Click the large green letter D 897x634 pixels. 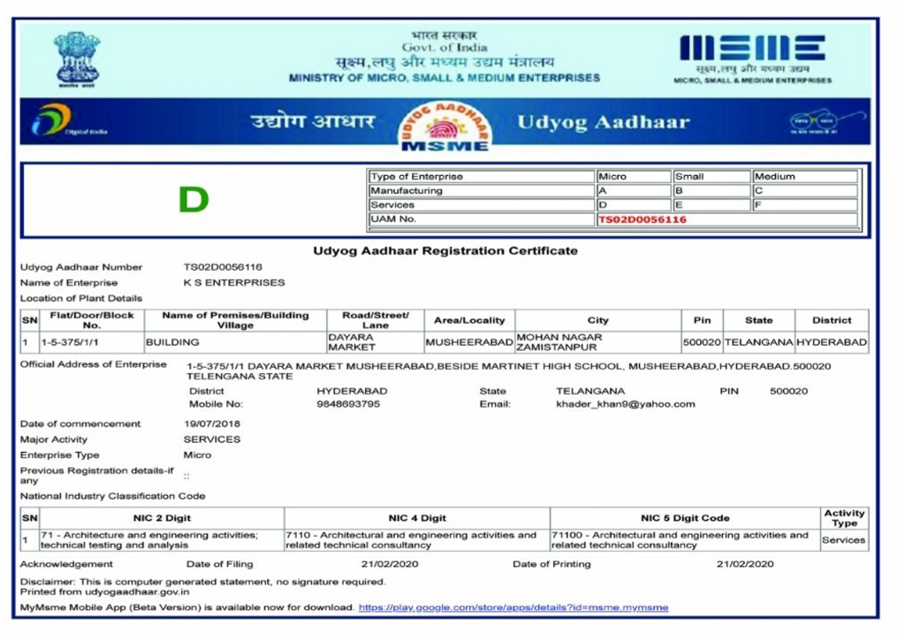(x=194, y=200)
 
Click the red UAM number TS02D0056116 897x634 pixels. (x=642, y=219)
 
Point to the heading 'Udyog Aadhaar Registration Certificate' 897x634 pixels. (x=445, y=251)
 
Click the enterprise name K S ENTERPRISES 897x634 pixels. (x=234, y=283)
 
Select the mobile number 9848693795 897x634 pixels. (x=348, y=404)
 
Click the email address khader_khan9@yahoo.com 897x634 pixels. (x=625, y=404)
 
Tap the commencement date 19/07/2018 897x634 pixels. (x=212, y=424)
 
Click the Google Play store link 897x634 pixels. (x=513, y=607)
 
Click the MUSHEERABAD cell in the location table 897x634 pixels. (x=469, y=342)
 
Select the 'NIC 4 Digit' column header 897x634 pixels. (x=417, y=518)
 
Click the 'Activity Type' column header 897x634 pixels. (x=844, y=518)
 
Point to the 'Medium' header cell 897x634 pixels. (x=775, y=177)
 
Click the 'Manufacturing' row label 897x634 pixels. (x=407, y=191)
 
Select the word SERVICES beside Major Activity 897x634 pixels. (x=212, y=439)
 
